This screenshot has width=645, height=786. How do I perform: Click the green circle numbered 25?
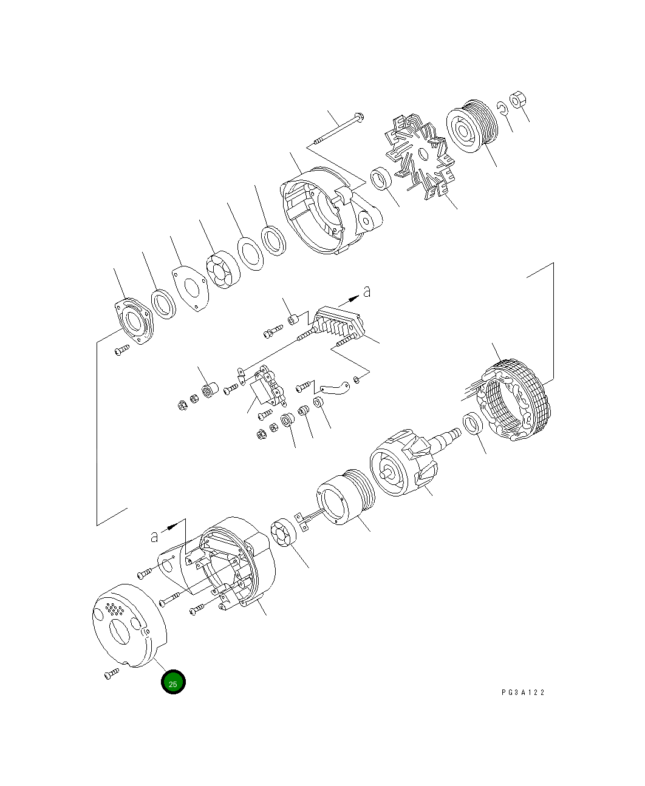pyautogui.click(x=173, y=683)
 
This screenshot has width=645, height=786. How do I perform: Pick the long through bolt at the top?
pyautogui.click(x=338, y=130)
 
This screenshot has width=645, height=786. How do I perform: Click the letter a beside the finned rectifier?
pyautogui.click(x=366, y=292)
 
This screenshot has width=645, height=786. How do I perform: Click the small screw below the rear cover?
pyautogui.click(x=111, y=674)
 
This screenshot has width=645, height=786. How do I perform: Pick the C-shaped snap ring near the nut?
pyautogui.click(x=502, y=108)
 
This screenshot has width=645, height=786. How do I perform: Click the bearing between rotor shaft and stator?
pyautogui.click(x=473, y=424)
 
